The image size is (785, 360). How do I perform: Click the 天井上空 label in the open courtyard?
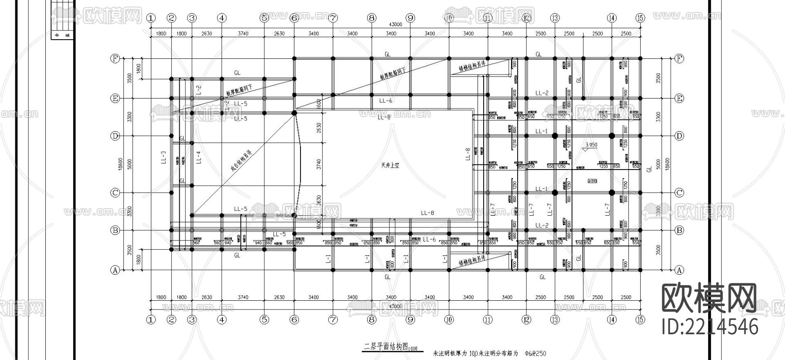[x=390, y=165]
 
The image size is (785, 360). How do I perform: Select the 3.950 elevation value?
[x=591, y=145]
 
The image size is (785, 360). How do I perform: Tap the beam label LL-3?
[x=164, y=157]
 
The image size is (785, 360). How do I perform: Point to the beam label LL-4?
[x=198, y=157]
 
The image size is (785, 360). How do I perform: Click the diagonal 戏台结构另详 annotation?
[x=242, y=162]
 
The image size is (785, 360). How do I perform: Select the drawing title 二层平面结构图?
[x=386, y=346]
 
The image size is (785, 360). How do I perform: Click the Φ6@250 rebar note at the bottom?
[x=536, y=353]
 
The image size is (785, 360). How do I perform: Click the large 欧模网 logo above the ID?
[x=710, y=298]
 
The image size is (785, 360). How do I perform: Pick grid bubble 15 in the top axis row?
[x=640, y=18]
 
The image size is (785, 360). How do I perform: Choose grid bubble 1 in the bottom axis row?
[x=151, y=320]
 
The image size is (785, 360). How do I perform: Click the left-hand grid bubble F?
[x=115, y=58]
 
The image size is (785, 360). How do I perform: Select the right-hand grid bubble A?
[x=679, y=270]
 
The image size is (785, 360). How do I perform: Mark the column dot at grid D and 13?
[x=555, y=136]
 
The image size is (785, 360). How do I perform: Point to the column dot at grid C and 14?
[x=611, y=192]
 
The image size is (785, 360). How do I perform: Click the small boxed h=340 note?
[x=592, y=180]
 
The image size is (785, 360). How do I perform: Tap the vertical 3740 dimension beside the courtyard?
[x=319, y=164]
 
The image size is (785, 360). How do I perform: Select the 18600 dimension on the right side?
[x=668, y=164]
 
